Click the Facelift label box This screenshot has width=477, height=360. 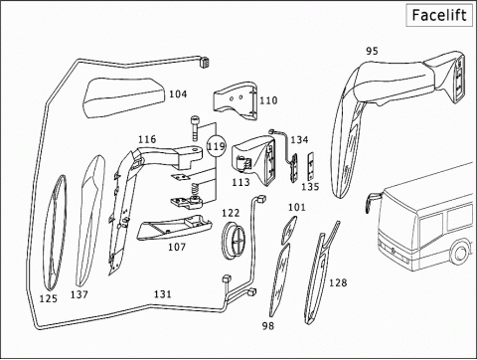(439, 15)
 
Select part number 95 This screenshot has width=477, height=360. (372, 51)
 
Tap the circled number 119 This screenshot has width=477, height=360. (216, 146)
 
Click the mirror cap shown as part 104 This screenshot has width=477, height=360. (124, 97)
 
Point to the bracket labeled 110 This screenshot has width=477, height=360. (236, 101)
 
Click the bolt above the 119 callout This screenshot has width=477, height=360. (195, 128)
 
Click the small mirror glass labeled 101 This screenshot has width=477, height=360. (289, 230)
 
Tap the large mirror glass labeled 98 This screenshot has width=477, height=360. (279, 280)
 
